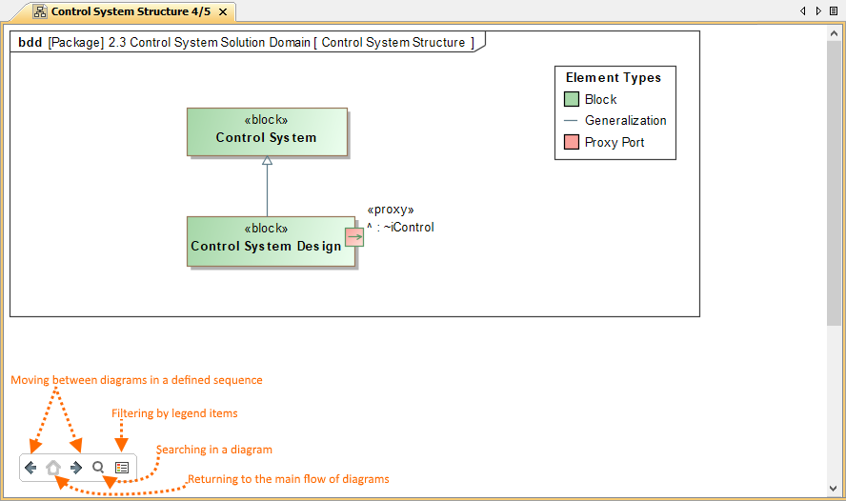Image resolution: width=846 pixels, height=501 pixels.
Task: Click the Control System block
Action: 267,132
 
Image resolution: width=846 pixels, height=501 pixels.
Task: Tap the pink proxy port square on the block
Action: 354,237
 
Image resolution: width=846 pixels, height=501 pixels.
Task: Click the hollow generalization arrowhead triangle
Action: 267,160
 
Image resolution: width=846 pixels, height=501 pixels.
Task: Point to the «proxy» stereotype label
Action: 391,210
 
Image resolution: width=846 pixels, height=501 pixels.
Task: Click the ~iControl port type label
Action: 409,228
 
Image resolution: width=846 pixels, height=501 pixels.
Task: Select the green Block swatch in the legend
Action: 572,99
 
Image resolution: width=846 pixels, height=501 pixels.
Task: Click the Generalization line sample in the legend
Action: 571,121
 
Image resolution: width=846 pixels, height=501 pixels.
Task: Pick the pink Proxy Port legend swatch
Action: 572,142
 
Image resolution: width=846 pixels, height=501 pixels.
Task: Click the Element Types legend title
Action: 614,78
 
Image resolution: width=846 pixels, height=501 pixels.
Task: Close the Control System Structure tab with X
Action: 223,11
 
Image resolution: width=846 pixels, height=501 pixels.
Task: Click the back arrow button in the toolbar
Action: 30,468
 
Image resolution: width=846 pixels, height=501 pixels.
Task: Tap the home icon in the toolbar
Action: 53,468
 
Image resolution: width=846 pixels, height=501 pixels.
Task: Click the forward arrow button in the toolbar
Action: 76,468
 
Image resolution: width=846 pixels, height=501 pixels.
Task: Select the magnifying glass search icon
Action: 98,467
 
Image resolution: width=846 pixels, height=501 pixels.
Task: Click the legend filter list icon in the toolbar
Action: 122,468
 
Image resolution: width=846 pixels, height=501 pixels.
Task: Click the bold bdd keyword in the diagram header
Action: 30,43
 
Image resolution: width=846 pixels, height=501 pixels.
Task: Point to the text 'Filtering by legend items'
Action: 174,413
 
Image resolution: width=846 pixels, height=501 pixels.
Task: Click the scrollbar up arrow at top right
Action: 834,33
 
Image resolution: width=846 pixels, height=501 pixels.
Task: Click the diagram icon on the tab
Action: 40,11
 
